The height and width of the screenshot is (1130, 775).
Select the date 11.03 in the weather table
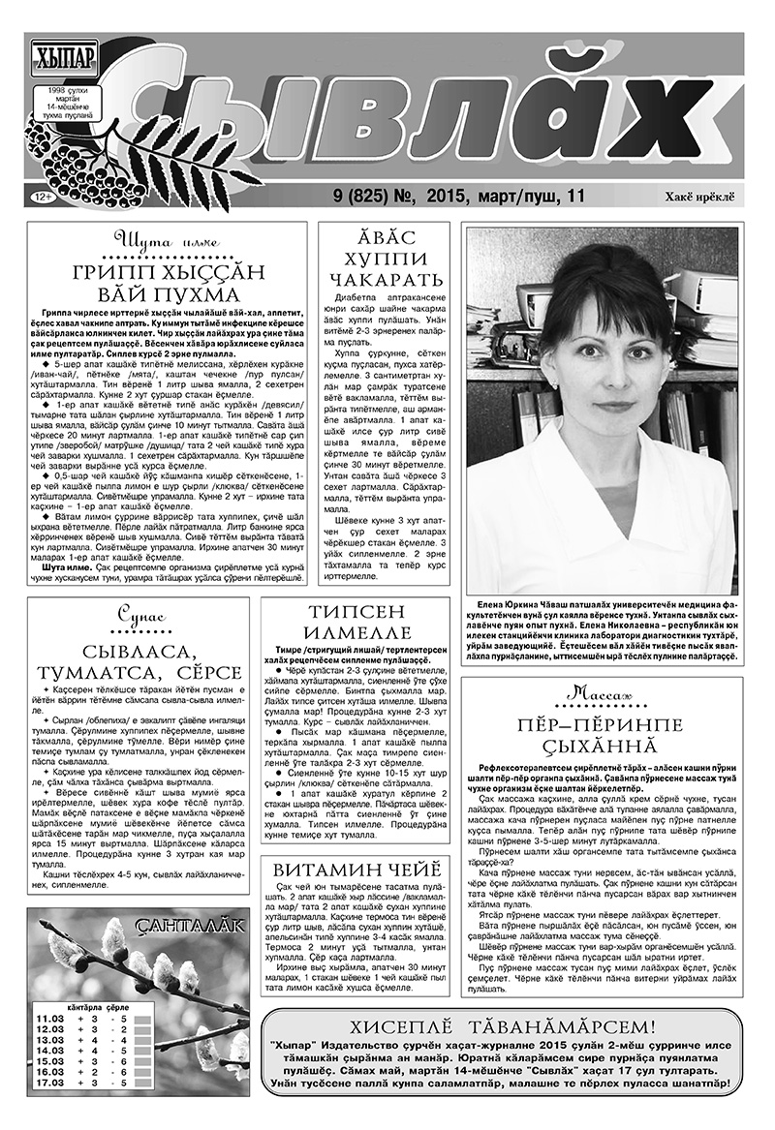49,1018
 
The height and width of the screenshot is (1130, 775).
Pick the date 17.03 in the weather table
49,1082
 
